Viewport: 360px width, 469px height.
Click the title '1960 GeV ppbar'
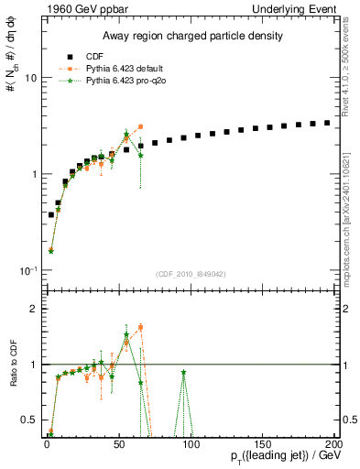coord(76,7)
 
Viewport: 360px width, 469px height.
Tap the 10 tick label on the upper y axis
coord(30,78)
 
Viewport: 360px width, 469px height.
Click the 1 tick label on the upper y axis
coord(33,174)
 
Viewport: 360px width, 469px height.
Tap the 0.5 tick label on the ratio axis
coord(29,420)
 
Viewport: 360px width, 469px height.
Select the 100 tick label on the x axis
coord(191,445)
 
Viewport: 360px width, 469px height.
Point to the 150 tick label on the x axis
coord(263,445)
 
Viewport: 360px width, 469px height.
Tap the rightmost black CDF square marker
coord(327,123)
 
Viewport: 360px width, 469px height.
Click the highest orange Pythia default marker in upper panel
coord(140,127)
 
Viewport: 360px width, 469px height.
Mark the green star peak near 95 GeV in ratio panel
coord(184,372)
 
